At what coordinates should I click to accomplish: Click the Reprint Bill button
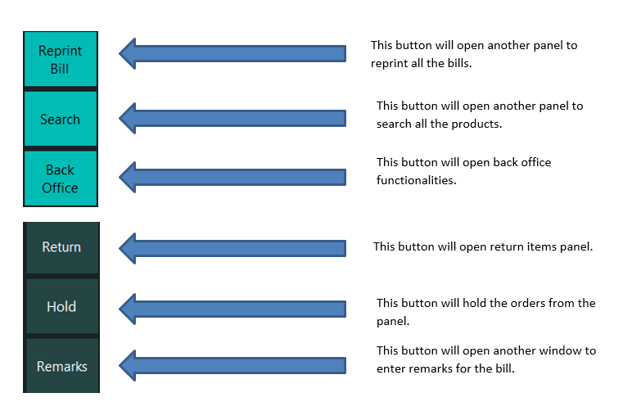[61, 59]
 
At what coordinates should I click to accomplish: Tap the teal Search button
[61, 120]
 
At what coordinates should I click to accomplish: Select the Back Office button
[61, 178]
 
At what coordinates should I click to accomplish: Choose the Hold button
[61, 306]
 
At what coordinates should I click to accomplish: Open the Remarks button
[61, 366]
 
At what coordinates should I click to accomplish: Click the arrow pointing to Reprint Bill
[232, 53]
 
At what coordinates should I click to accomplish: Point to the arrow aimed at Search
[232, 119]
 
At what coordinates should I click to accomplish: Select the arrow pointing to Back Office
[232, 177]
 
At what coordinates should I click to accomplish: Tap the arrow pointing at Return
[232, 248]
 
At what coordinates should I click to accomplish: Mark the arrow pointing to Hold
[232, 309]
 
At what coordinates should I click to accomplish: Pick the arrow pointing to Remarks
[232, 365]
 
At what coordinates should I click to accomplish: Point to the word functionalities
[417, 180]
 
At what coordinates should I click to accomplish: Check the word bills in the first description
[459, 64]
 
